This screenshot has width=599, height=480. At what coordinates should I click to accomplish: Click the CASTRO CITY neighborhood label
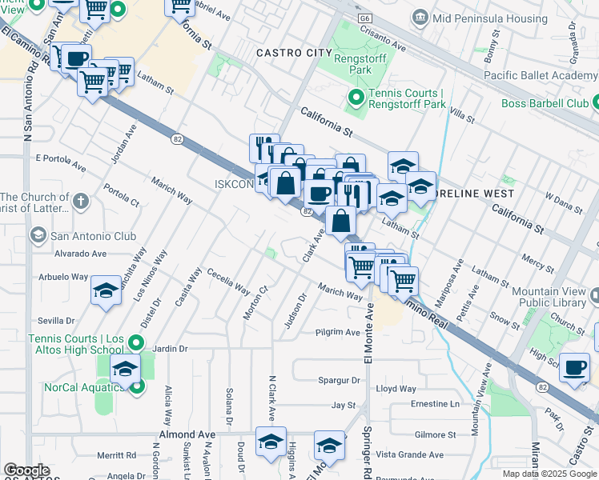point(293,53)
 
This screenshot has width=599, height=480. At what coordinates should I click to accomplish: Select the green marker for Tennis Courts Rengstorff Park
point(356,99)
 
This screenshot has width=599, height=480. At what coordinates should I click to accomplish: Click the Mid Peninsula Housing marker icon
point(420,18)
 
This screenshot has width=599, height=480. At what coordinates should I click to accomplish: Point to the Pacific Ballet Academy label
point(541,76)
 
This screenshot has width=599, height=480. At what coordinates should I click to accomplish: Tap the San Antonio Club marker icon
point(38,235)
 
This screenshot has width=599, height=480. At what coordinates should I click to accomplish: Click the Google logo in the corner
point(26,470)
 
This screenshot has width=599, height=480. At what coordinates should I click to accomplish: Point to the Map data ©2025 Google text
point(550,474)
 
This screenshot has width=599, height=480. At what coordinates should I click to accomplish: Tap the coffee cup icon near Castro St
point(574,367)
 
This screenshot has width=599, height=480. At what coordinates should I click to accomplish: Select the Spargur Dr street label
point(338,380)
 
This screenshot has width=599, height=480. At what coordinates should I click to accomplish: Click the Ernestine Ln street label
point(435,404)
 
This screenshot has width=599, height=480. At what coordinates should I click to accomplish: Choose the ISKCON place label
point(234,184)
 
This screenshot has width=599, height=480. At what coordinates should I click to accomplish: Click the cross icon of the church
point(80,202)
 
